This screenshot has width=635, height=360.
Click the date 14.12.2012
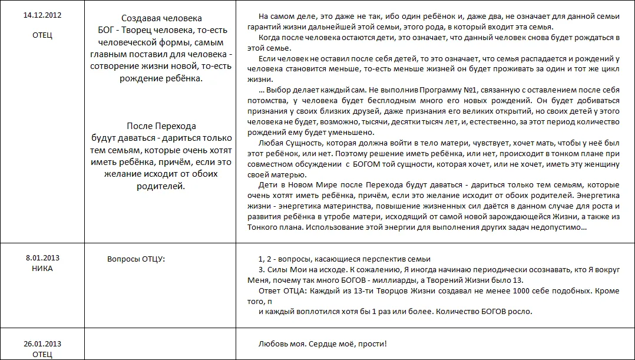coord(42,15)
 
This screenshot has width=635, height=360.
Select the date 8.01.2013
coord(42,257)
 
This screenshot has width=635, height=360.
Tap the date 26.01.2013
coord(42,344)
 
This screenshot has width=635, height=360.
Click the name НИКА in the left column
coord(42,268)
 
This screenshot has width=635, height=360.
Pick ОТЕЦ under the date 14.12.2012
coord(42,35)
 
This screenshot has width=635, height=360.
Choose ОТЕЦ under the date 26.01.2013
coord(42,354)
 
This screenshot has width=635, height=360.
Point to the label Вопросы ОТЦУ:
coord(135,259)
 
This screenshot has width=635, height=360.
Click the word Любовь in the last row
coord(272,344)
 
